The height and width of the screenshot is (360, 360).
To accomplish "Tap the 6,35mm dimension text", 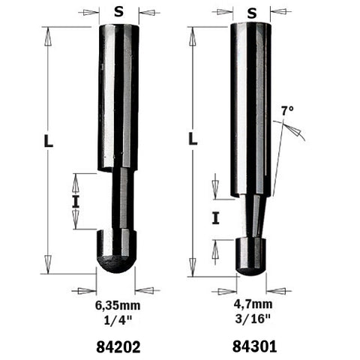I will click(x=118, y=306).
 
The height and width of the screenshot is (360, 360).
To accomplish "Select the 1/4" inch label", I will click(x=118, y=319).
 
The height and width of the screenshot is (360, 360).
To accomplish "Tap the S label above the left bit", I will click(x=118, y=11).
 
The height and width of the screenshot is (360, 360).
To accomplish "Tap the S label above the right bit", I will click(x=251, y=11).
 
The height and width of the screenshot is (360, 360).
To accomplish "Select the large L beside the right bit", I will click(x=193, y=139).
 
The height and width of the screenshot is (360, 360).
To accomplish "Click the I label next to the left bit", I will click(x=75, y=200).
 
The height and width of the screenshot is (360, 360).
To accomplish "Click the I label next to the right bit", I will click(x=215, y=218).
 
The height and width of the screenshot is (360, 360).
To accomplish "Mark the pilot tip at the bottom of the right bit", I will click(x=251, y=256).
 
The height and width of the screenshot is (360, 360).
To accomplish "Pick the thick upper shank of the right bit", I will click(x=251, y=105).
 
